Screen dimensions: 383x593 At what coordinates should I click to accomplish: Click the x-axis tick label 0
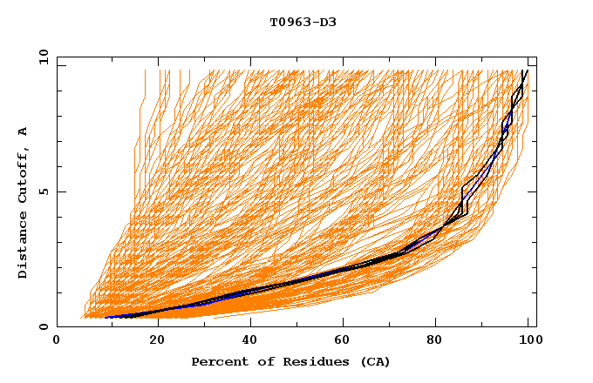click(57, 341)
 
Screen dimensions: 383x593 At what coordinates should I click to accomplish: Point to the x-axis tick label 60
click(347, 341)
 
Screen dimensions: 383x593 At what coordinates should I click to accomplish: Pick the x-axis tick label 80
click(442, 341)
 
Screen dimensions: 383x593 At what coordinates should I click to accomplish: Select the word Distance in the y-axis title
click(24, 248)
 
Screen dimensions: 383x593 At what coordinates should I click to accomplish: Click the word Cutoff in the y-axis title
click(24, 177)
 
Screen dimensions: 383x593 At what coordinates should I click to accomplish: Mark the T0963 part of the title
click(289, 22)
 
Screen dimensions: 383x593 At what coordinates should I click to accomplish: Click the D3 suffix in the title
click(327, 22)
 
